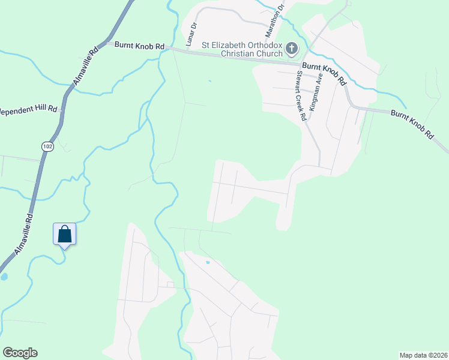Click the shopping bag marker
pyautogui.click(x=65, y=234)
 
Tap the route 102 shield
pyautogui.click(x=46, y=146)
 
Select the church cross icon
pyautogui.click(x=292, y=49)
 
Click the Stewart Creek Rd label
pyautogui.click(x=301, y=96)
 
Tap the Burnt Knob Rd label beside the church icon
pyautogui.click(x=325, y=73)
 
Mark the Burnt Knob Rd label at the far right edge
pyautogui.click(x=412, y=124)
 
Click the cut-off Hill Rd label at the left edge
pyautogui.click(x=28, y=110)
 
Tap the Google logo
pyautogui.click(x=20, y=353)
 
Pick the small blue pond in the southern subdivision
pyautogui.click(x=208, y=262)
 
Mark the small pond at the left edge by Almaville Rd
pyautogui.click(x=4, y=277)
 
